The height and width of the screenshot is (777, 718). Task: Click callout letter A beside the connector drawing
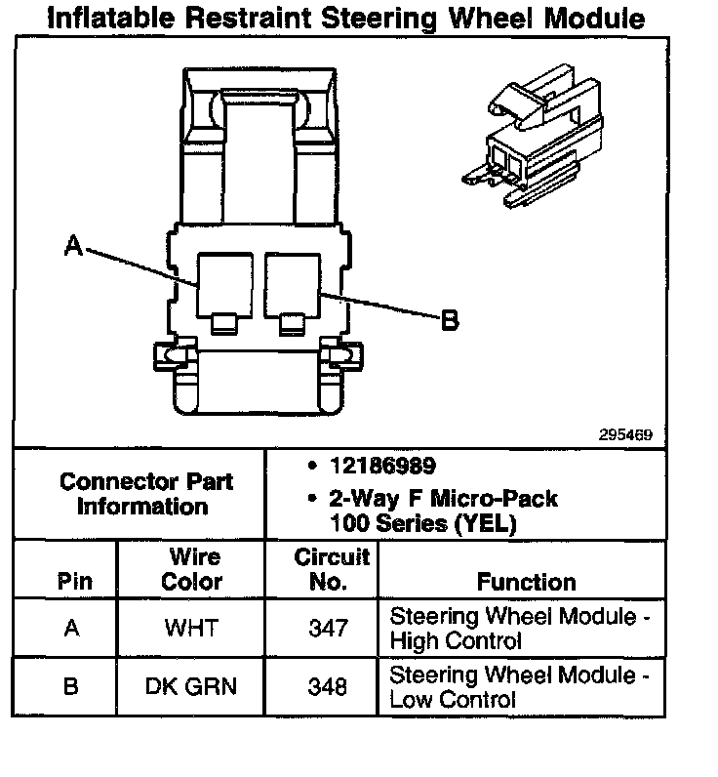[x=73, y=248]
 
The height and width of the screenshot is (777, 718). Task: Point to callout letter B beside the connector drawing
[x=450, y=319]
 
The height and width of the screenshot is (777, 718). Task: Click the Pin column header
[x=75, y=582]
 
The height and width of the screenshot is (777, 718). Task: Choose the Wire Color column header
[x=195, y=569]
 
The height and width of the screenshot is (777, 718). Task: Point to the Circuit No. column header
[x=332, y=569]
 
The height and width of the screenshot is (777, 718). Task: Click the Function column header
[x=526, y=582]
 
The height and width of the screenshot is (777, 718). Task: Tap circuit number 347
[x=327, y=629]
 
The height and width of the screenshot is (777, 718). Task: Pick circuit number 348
[x=327, y=687]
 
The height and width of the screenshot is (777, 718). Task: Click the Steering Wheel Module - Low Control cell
[x=519, y=687]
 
